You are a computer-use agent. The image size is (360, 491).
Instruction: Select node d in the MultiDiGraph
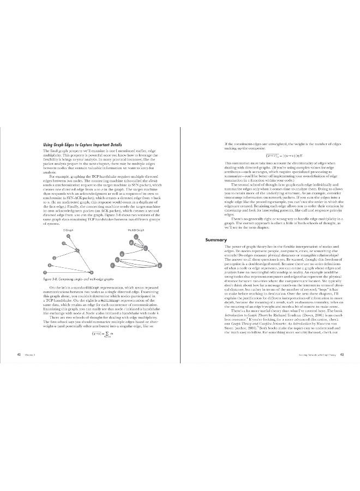point(132,243)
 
